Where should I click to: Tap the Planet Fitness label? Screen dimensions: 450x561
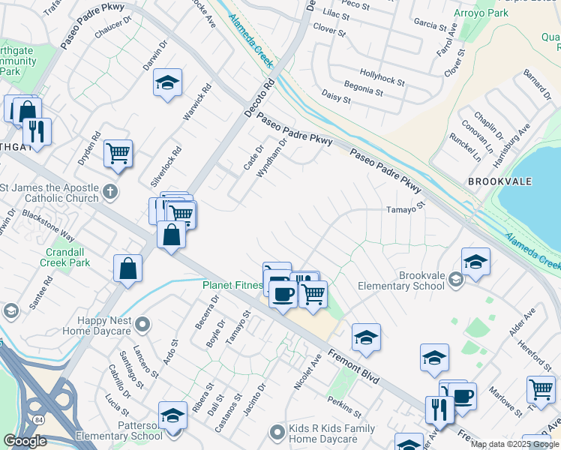[x=232, y=285]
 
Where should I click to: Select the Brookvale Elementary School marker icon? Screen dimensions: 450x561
[x=455, y=280]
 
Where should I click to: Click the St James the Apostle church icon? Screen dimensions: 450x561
[x=110, y=190]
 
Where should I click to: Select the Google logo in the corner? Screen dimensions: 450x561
[x=25, y=441]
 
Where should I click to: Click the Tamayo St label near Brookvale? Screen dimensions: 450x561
[x=406, y=208]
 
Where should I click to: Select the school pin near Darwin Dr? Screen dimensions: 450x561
[x=169, y=83]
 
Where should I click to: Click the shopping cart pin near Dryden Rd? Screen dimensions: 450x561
[x=118, y=153]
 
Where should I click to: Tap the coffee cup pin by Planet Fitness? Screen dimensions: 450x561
[x=283, y=294]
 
